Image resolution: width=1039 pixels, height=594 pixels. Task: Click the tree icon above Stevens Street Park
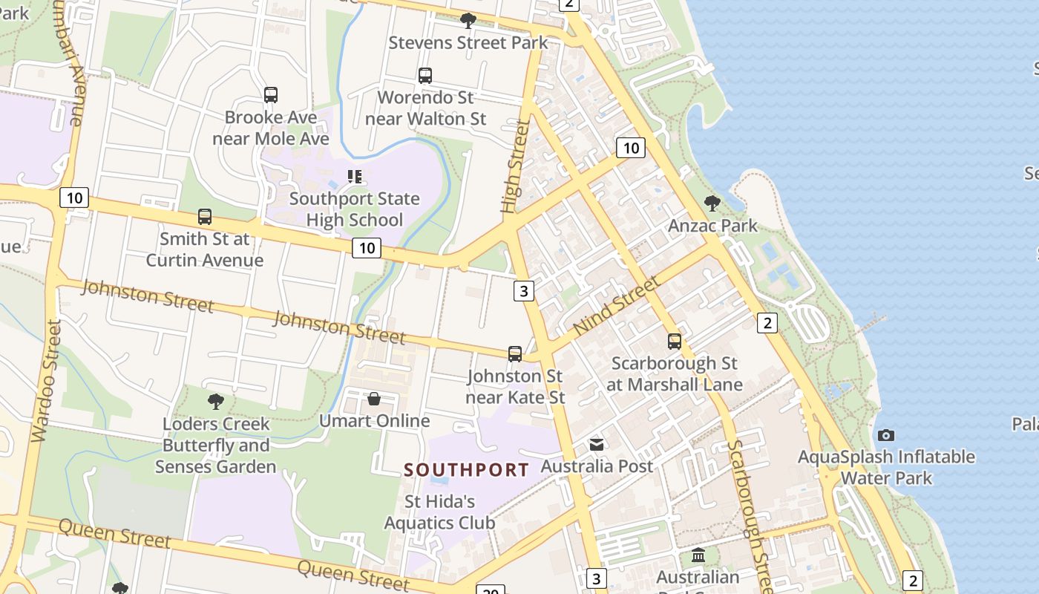[468, 20]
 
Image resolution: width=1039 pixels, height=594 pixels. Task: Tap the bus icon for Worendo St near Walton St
[425, 75]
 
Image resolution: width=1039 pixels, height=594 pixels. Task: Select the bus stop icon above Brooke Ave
[271, 95]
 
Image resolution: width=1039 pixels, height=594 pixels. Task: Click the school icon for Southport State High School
[355, 177]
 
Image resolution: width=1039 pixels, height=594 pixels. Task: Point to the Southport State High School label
[355, 209]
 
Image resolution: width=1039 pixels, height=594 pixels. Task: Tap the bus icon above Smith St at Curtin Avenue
[205, 217]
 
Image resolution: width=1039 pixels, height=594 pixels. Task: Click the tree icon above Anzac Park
[712, 203]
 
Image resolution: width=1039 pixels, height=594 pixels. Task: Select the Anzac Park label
[712, 226]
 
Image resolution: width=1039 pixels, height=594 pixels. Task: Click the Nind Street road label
[616, 305]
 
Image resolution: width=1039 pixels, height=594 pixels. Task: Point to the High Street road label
[517, 167]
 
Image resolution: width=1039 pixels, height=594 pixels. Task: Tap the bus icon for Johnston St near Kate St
[515, 353]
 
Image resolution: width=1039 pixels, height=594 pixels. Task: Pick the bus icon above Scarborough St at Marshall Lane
[674, 341]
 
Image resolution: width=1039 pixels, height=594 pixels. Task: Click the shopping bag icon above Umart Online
[374, 399]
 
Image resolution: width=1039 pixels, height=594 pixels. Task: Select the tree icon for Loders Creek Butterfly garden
[215, 402]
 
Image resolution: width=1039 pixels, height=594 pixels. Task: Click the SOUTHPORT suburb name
[467, 470]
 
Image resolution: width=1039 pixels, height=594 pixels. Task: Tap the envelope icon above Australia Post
[597, 444]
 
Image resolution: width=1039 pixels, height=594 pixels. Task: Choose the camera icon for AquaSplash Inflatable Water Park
[885, 435]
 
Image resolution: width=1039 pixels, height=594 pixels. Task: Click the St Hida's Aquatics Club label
[439, 512]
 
